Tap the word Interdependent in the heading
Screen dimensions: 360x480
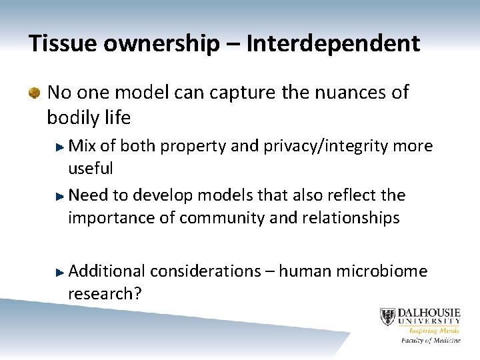click(333, 44)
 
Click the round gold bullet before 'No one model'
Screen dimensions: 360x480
click(34, 93)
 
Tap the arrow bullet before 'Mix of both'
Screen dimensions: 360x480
click(61, 145)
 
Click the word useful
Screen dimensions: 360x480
click(90, 168)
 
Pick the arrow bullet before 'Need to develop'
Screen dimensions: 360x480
click(61, 195)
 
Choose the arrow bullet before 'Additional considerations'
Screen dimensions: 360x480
click(61, 271)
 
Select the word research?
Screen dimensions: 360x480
click(104, 294)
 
